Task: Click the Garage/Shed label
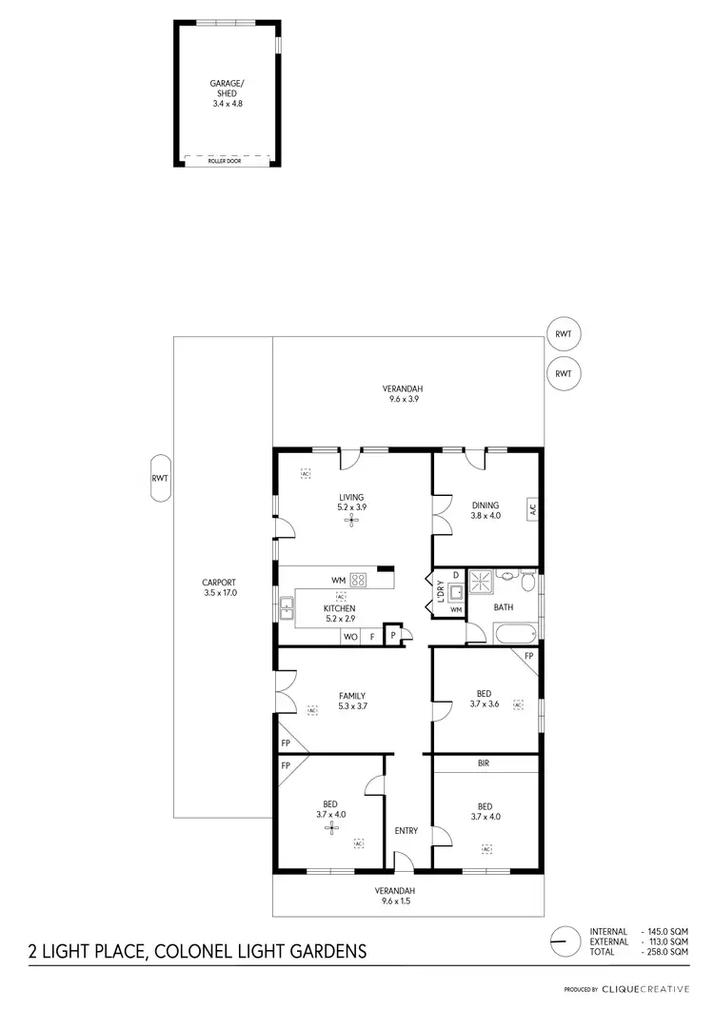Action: (x=227, y=89)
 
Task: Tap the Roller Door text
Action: (x=227, y=162)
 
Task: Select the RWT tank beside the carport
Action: (x=159, y=479)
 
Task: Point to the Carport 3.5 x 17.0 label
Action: (x=219, y=587)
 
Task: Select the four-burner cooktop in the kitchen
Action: (x=359, y=579)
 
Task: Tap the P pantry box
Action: (x=392, y=635)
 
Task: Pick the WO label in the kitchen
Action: (x=349, y=636)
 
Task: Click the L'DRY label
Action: (x=441, y=591)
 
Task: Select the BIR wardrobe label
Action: (x=484, y=762)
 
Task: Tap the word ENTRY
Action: (x=407, y=831)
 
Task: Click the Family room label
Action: (x=351, y=701)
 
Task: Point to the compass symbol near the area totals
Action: (x=565, y=941)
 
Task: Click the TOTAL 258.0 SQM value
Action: (x=666, y=952)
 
